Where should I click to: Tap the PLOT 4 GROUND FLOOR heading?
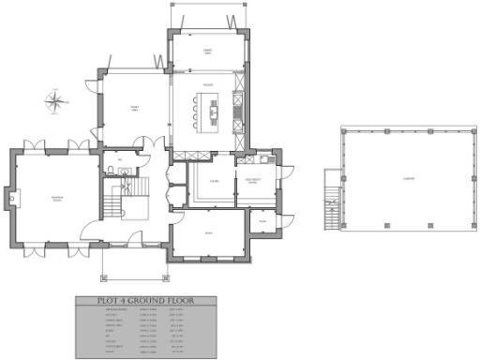tap(145, 301)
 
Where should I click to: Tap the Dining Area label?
tap(209, 51)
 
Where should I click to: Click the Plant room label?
tap(263, 221)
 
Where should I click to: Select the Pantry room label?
tap(215, 181)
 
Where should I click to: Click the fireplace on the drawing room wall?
tap(10, 198)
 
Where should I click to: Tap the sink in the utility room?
tap(266, 160)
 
